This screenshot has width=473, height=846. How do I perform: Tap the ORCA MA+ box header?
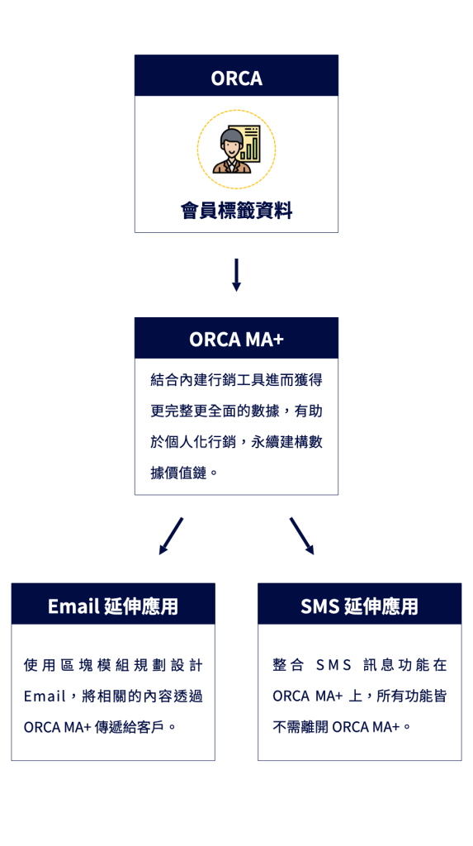(x=236, y=338)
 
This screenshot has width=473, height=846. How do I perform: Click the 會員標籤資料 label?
(x=236, y=211)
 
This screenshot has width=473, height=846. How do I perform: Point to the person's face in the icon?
(x=230, y=147)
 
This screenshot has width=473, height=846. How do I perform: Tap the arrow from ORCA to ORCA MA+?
(x=236, y=275)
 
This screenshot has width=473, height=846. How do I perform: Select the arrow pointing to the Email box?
(x=171, y=536)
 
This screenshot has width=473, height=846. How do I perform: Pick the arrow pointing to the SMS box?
(x=302, y=536)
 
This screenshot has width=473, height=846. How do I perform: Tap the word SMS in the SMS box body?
(x=333, y=665)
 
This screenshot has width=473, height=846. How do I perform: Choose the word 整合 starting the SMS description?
(x=289, y=665)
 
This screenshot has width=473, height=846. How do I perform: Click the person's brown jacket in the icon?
(x=232, y=167)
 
